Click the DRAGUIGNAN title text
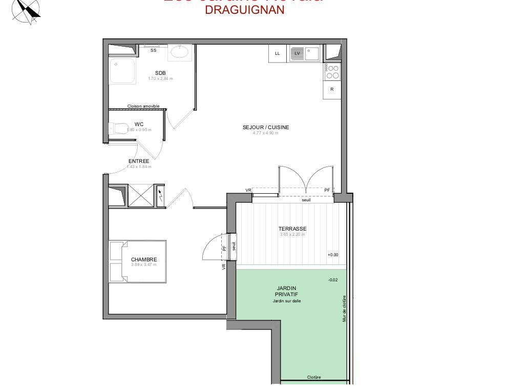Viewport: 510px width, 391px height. [x=244, y=10]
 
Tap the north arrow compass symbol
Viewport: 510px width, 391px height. [x=27, y=10]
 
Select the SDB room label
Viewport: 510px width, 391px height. [x=160, y=73]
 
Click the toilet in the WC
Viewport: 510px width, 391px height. [x=118, y=128]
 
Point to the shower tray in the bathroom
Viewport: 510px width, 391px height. [x=122, y=70]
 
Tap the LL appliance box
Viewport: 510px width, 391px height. [x=278, y=53]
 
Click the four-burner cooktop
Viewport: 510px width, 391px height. [x=332, y=72]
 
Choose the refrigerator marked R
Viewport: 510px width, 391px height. [x=332, y=89]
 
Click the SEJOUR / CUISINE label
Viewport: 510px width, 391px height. [x=266, y=127]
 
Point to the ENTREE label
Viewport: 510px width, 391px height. [x=139, y=161]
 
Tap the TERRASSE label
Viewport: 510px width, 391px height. [x=292, y=229]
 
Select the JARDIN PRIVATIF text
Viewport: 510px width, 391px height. [x=287, y=291]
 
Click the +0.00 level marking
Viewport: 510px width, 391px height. [x=333, y=255]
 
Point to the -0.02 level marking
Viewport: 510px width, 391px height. [x=333, y=280]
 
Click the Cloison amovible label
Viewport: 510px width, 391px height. [x=143, y=106]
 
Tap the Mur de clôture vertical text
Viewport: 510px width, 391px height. [x=345, y=308]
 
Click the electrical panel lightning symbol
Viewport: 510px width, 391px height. [x=160, y=195]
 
